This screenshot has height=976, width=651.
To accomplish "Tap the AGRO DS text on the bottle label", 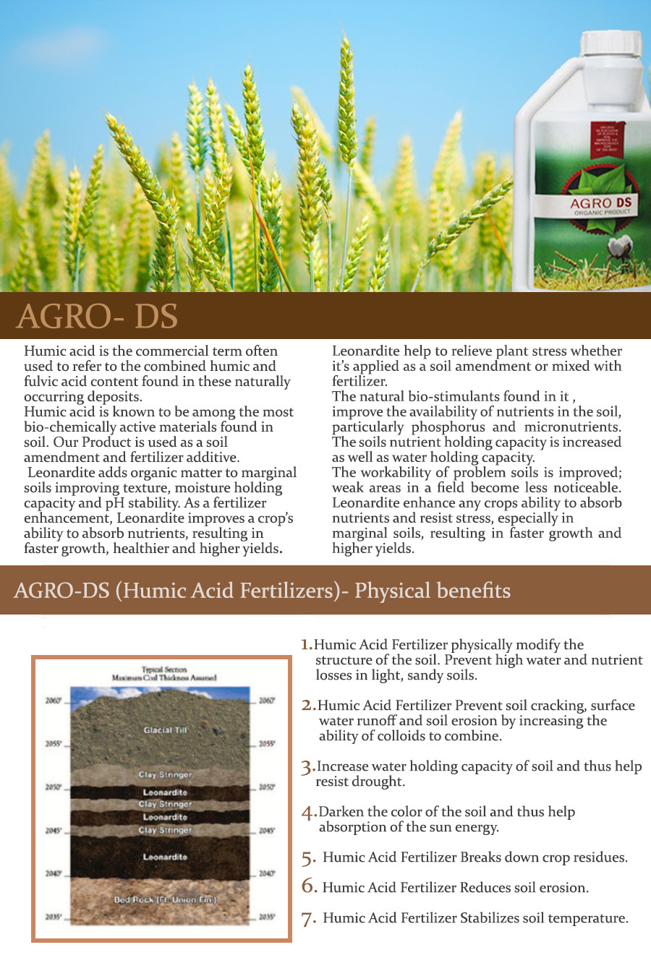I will pos(601,203).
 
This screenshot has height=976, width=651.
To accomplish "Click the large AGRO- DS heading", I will pos(97,317).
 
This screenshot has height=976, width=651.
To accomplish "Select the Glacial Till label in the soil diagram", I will pos(165,730).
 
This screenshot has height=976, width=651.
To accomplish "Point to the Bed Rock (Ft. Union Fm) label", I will pos(166,900).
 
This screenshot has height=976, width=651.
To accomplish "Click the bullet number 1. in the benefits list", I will pos(307,645).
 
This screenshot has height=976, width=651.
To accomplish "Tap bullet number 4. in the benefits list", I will pos(309,813).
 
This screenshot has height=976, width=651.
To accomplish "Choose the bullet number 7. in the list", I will pos(309,919).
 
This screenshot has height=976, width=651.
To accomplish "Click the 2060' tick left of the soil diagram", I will pos(54,701).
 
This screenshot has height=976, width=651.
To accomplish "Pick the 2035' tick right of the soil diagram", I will pos(267,917).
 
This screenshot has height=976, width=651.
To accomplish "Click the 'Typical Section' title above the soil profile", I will pos(164,669).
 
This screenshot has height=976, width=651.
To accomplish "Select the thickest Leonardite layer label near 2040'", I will pos(165,857).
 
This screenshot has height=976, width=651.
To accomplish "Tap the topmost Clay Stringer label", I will pos(165,774).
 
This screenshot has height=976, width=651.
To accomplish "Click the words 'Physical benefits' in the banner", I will pos(432,591).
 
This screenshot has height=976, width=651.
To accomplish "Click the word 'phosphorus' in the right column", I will pos(448,427).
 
